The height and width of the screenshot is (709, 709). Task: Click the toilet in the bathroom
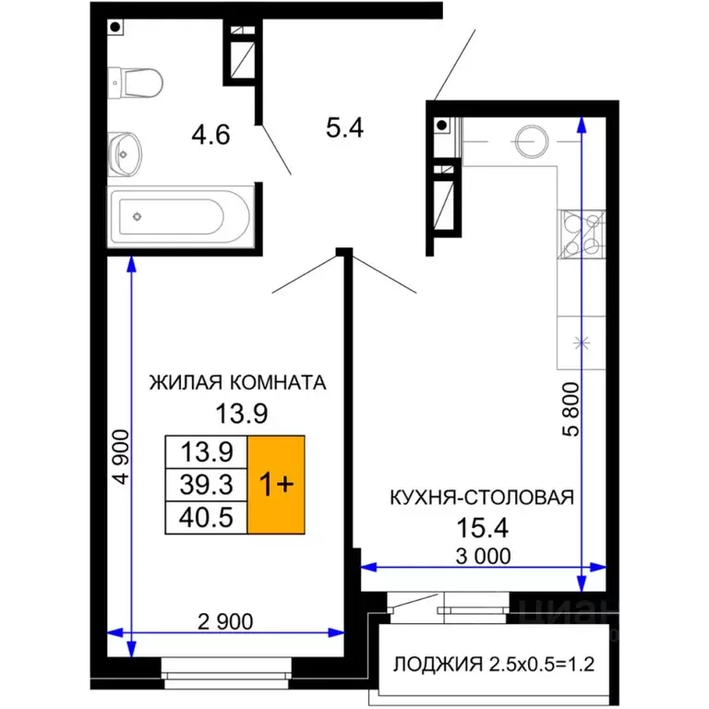tap(138, 82)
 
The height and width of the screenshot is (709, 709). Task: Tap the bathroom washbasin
tap(126, 152)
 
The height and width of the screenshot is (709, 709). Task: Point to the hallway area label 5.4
tap(344, 126)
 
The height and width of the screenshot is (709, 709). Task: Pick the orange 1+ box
tap(276, 484)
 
